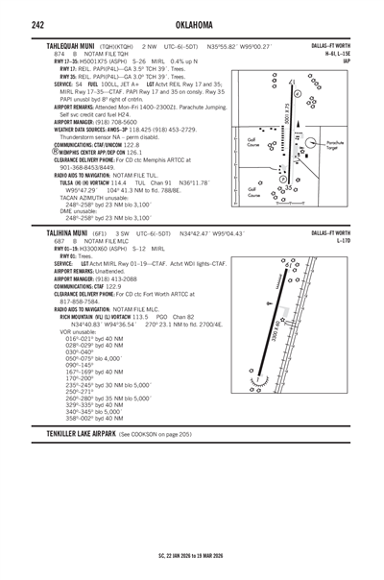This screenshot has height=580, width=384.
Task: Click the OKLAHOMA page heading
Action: click(x=192, y=23)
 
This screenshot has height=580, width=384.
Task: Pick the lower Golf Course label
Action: click(x=251, y=193)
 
